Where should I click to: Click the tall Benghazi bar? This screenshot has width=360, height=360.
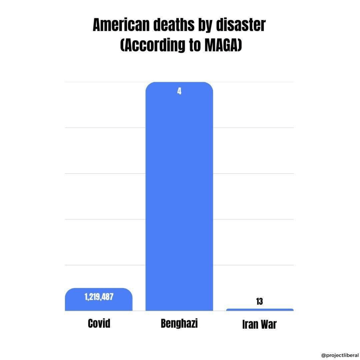179,197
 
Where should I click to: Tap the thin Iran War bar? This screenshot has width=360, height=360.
260,310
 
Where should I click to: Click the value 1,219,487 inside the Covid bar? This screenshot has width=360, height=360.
99,297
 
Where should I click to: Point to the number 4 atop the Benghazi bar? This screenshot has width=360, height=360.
179,91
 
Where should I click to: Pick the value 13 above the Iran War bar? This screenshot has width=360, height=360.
259,301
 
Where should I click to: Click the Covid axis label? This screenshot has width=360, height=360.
99,323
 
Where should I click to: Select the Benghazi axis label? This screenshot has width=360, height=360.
179,323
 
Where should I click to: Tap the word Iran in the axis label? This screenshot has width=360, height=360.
250,324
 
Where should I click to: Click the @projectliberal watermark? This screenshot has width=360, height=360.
340,355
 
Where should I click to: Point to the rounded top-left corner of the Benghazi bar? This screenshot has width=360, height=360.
148,85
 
